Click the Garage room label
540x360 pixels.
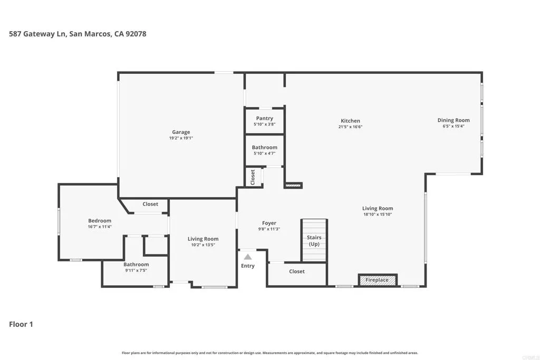point(181,132)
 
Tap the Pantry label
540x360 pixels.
point(264,119)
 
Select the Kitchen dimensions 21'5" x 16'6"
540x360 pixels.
point(350,127)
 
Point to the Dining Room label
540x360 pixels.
point(453,120)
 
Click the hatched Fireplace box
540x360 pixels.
point(378,280)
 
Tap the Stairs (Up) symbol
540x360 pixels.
point(314,241)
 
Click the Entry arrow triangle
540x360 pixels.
point(248,257)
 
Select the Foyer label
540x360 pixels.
point(269,223)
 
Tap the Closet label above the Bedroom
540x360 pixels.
point(150,204)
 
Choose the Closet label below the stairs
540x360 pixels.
point(297,271)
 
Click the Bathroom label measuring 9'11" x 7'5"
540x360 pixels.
point(136,265)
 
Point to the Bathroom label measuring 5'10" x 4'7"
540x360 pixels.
point(264,148)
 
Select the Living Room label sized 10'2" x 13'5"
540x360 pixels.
point(203,239)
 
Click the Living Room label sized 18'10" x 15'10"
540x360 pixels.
point(378,208)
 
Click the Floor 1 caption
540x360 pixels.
point(21,324)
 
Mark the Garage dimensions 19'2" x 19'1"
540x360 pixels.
point(181,138)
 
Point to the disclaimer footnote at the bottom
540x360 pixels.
point(269,353)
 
